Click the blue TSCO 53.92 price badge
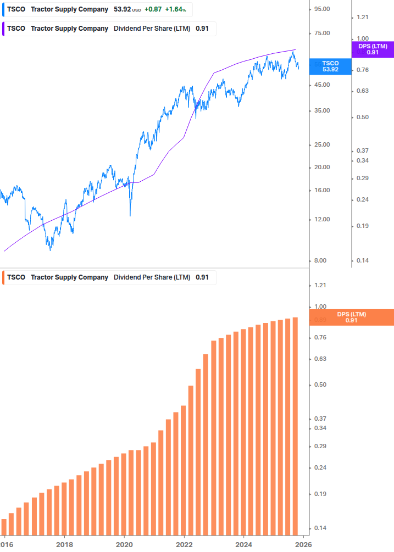click(x=330, y=66)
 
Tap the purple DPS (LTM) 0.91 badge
click(x=373, y=49)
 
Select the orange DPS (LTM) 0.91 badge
click(x=352, y=317)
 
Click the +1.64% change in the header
click(x=175, y=9)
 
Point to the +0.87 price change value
click(x=153, y=9)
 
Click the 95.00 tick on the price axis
click(x=322, y=9)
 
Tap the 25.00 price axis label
click(x=322, y=145)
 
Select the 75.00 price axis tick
click(x=322, y=33)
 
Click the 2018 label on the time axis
click(x=64, y=544)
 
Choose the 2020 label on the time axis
click(x=124, y=544)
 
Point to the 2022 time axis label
click(x=184, y=544)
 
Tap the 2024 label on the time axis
click(x=244, y=544)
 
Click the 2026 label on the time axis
click(x=303, y=544)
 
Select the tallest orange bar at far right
click(x=295, y=426)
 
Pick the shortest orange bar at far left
click(x=4, y=527)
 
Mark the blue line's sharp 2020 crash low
click(x=130, y=215)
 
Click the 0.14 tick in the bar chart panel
click(x=320, y=528)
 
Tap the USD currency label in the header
click(x=137, y=10)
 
